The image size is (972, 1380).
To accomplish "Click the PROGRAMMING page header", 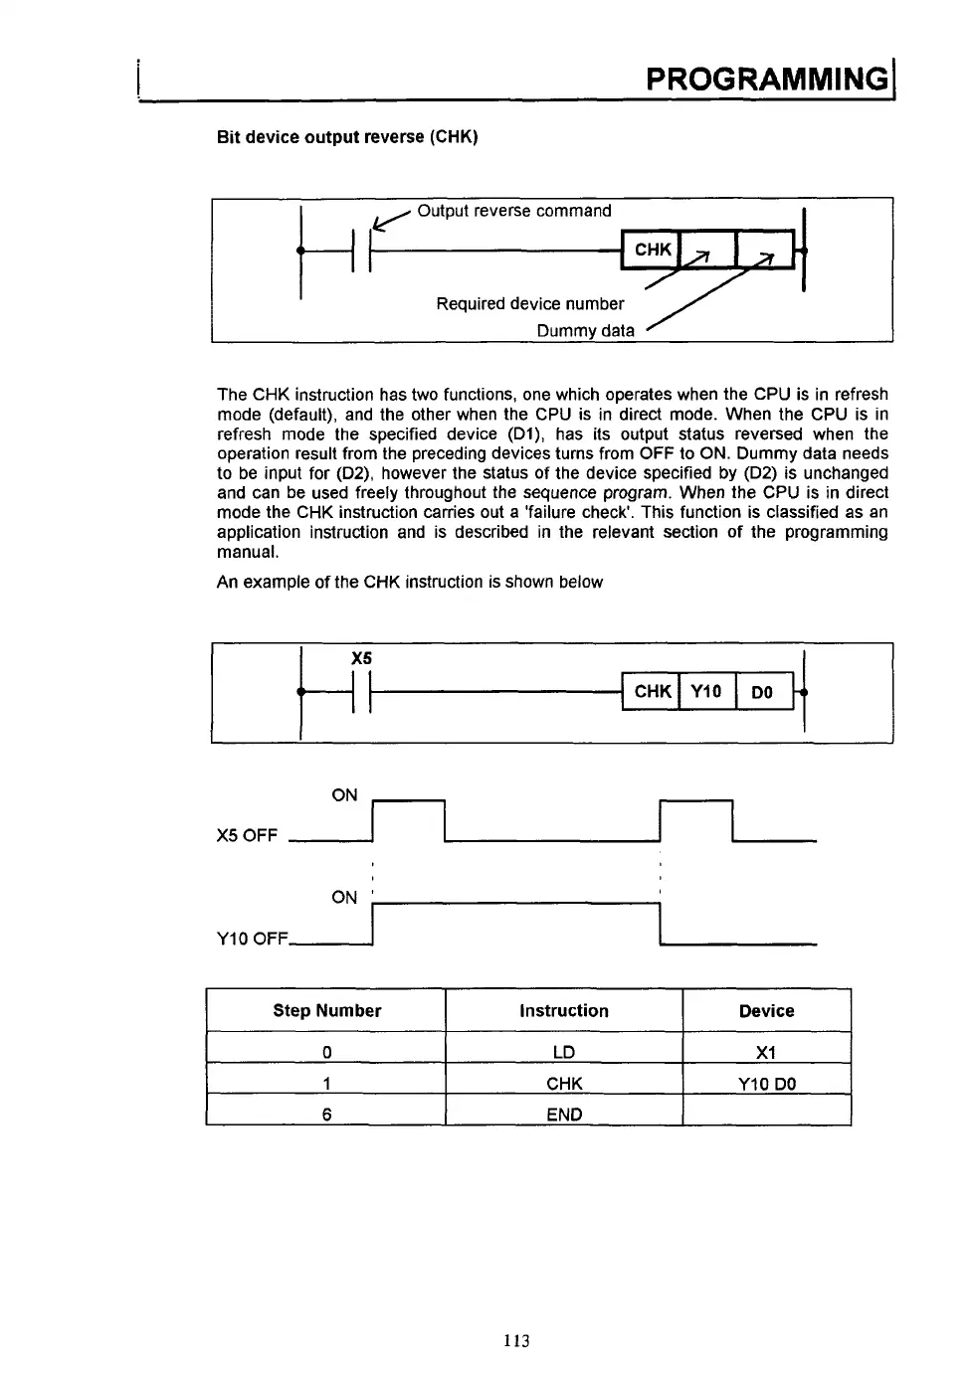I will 765,78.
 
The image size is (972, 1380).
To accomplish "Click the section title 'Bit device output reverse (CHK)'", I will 347,137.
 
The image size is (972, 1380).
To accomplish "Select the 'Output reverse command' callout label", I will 513,211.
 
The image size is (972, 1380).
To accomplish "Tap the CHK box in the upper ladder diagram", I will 652,250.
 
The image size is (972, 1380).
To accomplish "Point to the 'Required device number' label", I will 529,303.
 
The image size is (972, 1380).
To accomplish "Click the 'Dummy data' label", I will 585,330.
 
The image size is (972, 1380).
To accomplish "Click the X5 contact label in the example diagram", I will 361,658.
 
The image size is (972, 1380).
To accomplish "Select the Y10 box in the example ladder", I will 706,691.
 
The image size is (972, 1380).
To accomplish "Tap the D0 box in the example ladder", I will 762,692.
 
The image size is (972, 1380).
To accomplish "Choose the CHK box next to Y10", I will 652,691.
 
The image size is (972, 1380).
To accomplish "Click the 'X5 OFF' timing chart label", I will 247,835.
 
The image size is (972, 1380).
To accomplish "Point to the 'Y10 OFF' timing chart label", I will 252,939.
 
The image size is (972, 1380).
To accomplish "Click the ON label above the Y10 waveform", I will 344,897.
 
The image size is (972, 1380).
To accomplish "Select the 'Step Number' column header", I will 326,1010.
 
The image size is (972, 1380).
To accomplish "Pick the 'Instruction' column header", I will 563,1010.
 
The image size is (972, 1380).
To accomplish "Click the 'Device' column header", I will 766,1010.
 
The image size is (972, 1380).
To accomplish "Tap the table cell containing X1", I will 766,1052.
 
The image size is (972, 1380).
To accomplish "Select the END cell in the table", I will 564,1115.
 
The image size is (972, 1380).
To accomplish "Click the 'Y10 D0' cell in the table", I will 766,1084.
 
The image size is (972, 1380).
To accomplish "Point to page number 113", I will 516,1340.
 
